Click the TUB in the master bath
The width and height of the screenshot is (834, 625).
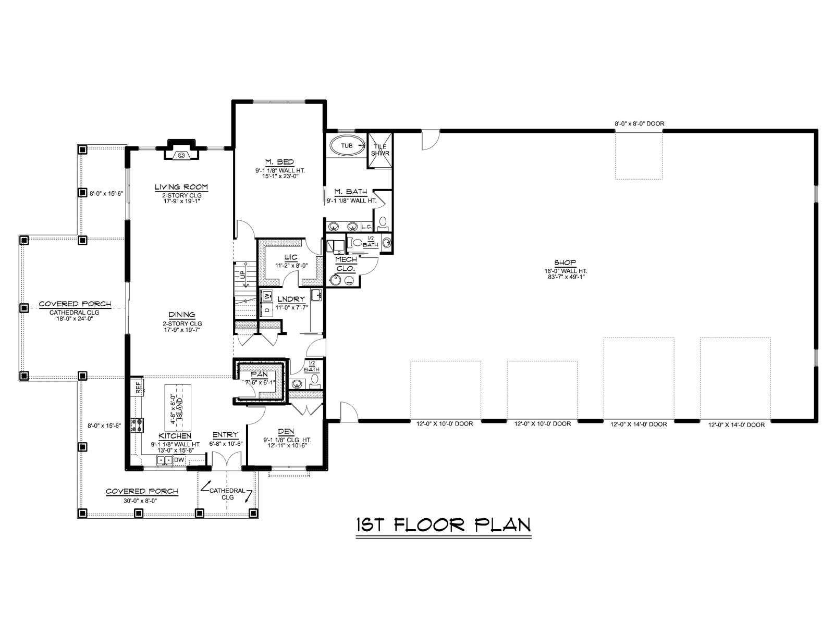pyautogui.click(x=347, y=146)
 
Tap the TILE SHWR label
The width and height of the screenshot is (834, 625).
pyautogui.click(x=380, y=150)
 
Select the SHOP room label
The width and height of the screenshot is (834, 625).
pyautogui.click(x=565, y=262)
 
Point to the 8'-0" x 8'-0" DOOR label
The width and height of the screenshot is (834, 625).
pyautogui.click(x=640, y=123)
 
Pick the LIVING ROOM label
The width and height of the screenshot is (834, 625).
pyautogui.click(x=181, y=186)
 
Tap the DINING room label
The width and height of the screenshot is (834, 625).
pyautogui.click(x=182, y=315)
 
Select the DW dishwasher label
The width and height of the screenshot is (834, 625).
pyautogui.click(x=179, y=460)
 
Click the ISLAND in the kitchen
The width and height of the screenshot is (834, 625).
pyautogui.click(x=177, y=406)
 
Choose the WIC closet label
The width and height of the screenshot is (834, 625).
pyautogui.click(x=290, y=258)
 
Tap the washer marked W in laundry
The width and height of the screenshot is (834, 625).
pyautogui.click(x=266, y=296)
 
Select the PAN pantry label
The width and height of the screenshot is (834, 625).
pyautogui.click(x=259, y=374)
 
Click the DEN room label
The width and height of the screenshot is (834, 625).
pyautogui.click(x=286, y=431)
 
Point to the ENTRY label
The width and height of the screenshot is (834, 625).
pyautogui.click(x=225, y=435)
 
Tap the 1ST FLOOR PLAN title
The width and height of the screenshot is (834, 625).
pyautogui.click(x=444, y=525)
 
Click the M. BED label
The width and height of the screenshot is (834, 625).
pyautogui.click(x=280, y=162)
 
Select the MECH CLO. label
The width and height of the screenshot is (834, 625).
pyautogui.click(x=346, y=264)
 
